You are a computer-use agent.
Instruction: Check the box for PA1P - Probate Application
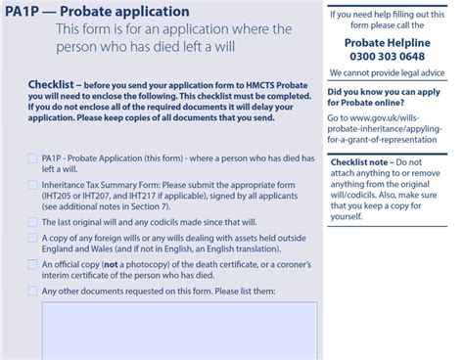33,157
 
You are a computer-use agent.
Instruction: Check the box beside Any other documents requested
33,291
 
